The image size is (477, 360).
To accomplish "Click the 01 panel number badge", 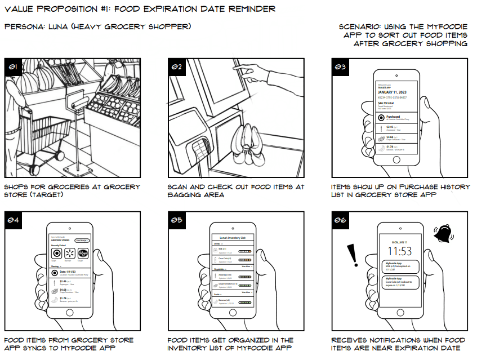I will tap(12, 67).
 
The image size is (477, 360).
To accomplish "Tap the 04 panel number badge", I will tap(12, 221).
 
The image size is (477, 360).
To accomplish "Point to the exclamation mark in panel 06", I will tap(354, 254).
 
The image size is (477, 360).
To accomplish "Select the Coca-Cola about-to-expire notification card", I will tap(401, 281).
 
